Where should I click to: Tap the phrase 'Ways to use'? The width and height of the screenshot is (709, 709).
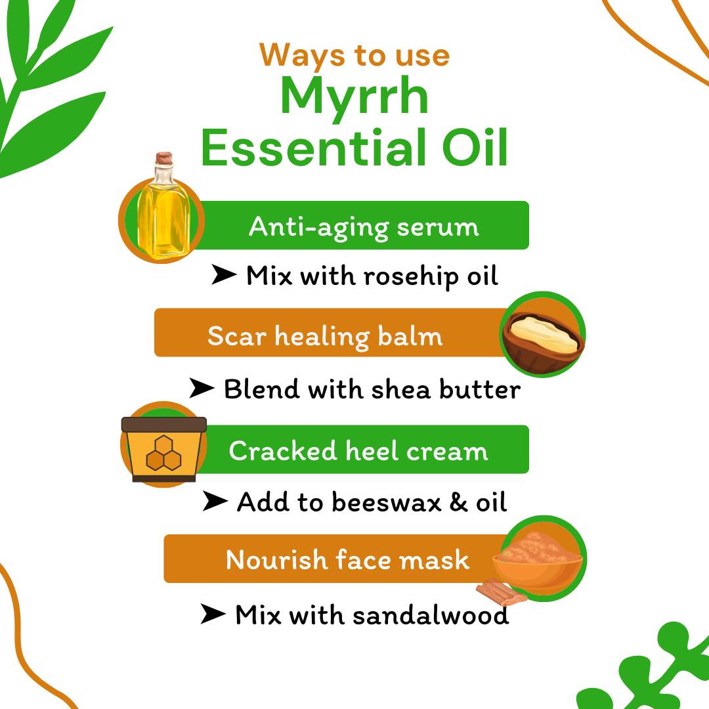[354, 54]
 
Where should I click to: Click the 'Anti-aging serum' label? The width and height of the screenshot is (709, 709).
[364, 227]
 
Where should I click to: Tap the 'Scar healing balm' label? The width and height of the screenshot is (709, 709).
[325, 336]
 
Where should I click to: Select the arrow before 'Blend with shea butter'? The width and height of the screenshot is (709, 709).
[202, 389]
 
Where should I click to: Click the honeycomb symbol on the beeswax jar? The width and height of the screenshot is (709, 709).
[163, 454]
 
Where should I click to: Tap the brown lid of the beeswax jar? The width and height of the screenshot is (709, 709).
[164, 425]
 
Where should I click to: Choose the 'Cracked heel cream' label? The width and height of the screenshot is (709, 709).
[358, 451]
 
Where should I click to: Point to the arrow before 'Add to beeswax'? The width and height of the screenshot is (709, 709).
[215, 502]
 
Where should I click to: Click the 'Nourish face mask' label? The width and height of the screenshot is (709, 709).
[347, 560]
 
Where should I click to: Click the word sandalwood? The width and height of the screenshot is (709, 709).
[430, 616]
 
